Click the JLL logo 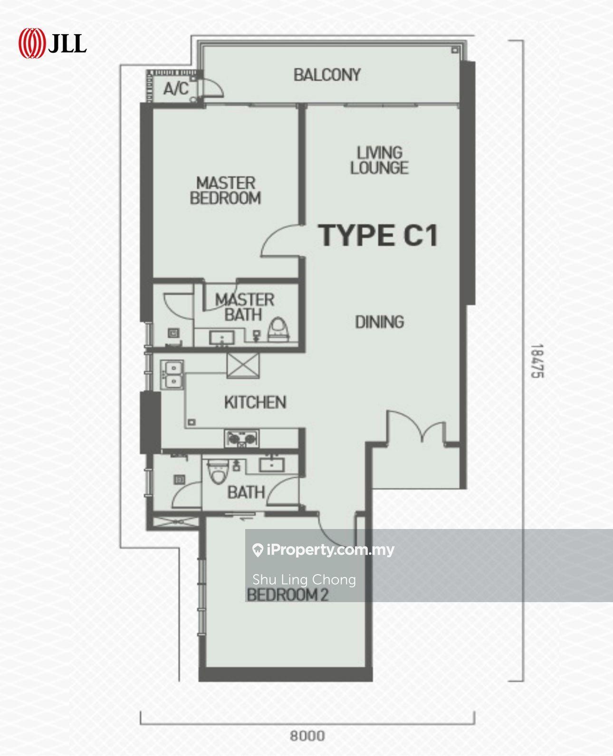pyautogui.click(x=53, y=43)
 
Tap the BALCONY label pyautogui.click(x=327, y=75)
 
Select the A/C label pyautogui.click(x=176, y=88)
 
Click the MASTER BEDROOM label pyautogui.click(x=226, y=190)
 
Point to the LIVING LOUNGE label pyautogui.click(x=379, y=161)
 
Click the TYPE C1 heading pyautogui.click(x=379, y=236)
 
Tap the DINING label pyautogui.click(x=379, y=322)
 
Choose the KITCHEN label pyautogui.click(x=255, y=402)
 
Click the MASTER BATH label pyautogui.click(x=244, y=307)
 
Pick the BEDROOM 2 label pyautogui.click(x=287, y=595)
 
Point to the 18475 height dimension pyautogui.click(x=537, y=361)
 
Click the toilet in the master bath pyautogui.click(x=278, y=330)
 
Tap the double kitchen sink pyautogui.click(x=172, y=375)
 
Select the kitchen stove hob pyautogui.click(x=241, y=439)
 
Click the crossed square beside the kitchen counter pyautogui.click(x=243, y=365)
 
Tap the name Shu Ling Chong pyautogui.click(x=304, y=580)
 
